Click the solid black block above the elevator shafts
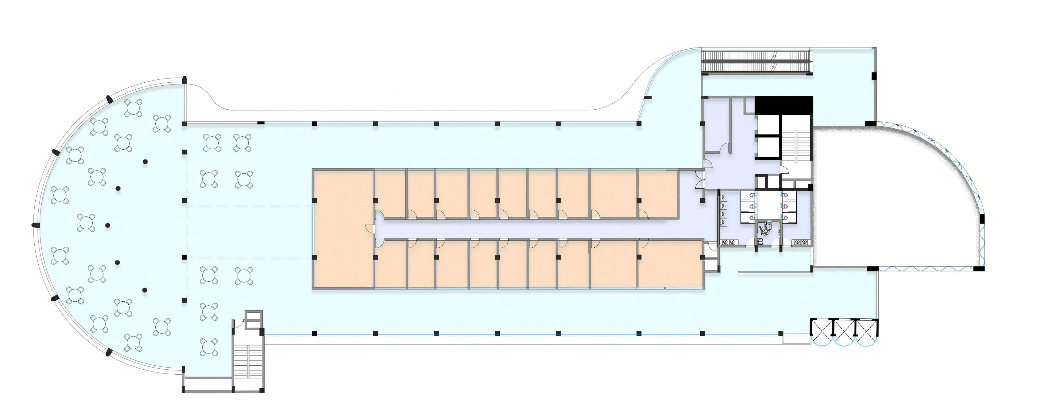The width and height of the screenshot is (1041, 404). [783, 105]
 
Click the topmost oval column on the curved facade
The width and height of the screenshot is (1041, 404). [184, 80]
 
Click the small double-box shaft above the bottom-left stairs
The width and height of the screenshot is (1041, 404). [254, 319]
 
